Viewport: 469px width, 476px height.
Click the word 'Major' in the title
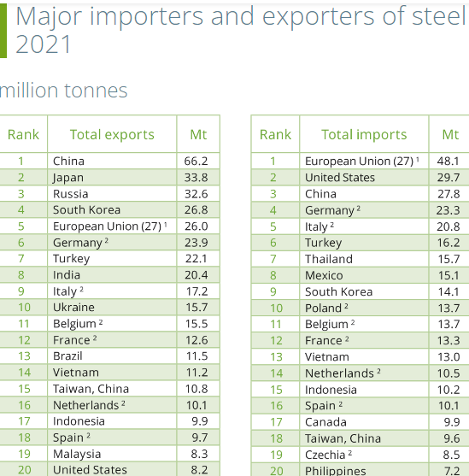pyautogui.click(x=54, y=16)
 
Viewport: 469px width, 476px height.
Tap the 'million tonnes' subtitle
pyautogui.click(x=63, y=91)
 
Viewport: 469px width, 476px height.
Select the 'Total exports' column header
pyautogui.click(x=112, y=134)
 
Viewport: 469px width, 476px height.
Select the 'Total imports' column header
pyautogui.click(x=364, y=134)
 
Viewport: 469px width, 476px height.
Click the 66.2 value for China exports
pyautogui.click(x=196, y=161)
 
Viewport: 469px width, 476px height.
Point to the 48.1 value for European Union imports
pyautogui.click(x=448, y=161)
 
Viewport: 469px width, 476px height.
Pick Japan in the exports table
pyautogui.click(x=68, y=177)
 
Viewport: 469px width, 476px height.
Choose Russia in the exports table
pyautogui.click(x=70, y=193)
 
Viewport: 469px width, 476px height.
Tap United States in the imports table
pyautogui.click(x=340, y=177)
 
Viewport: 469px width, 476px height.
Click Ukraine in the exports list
pyautogui.click(x=73, y=307)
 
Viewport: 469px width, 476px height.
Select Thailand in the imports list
pyautogui.click(x=329, y=258)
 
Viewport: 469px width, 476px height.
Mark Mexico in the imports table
pyautogui.click(x=324, y=275)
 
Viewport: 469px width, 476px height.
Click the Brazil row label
pyautogui.click(x=68, y=356)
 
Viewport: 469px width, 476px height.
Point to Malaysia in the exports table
pyautogui.click(x=77, y=454)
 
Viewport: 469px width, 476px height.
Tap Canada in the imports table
pyautogui.click(x=325, y=421)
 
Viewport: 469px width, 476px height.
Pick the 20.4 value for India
pyautogui.click(x=196, y=274)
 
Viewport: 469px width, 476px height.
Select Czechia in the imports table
pyautogui.click(x=325, y=455)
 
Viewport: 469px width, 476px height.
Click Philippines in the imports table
pyautogui.click(x=336, y=470)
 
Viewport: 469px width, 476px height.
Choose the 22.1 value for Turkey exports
pyautogui.click(x=196, y=258)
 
